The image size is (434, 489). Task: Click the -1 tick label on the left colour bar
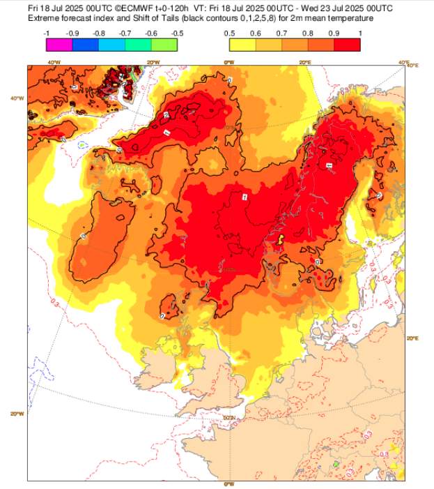click(46, 33)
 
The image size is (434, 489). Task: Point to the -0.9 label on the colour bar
click(72, 33)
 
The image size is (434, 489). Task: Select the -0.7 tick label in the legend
click(125, 33)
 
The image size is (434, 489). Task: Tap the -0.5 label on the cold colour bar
click(177, 33)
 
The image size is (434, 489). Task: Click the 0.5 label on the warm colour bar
click(229, 33)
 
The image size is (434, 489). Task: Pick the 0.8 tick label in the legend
click(308, 33)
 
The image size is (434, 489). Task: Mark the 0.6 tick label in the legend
click(256, 33)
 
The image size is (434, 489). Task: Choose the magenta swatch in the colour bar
click(59, 45)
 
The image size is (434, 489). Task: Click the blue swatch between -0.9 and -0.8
click(85, 45)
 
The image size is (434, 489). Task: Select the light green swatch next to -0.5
click(164, 45)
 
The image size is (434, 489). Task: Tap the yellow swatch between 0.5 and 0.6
click(242, 45)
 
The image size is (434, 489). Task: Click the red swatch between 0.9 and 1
click(347, 45)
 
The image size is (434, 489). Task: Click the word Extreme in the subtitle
click(42, 17)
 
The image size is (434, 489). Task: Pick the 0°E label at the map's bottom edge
click(228, 483)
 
